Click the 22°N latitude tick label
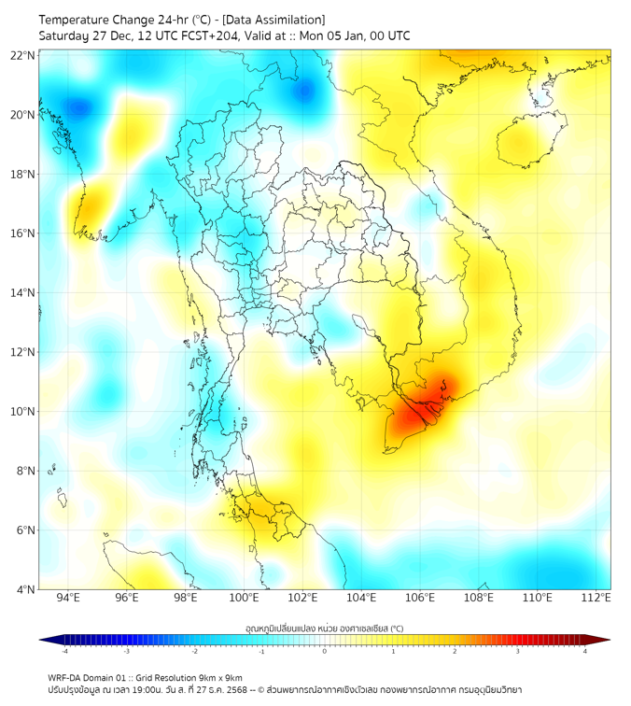pos(23,55)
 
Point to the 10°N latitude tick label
pos(23,411)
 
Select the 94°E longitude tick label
pos(68,598)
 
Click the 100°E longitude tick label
pos(244,598)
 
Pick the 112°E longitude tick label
pos(596,598)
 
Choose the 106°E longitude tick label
pos(420,598)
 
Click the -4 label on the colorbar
pos(63,652)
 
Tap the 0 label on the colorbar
pos(325,652)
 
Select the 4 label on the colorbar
pos(585,652)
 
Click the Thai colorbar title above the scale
pos(324,628)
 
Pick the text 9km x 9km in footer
pos(217,677)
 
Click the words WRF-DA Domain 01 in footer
pos(85,677)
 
